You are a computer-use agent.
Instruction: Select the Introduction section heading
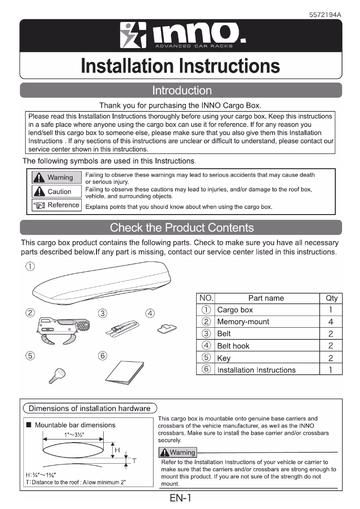click(x=181, y=91)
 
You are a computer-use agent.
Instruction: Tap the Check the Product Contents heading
click(x=181, y=228)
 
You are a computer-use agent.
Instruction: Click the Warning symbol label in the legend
click(x=56, y=178)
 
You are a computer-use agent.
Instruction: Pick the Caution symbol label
click(x=56, y=192)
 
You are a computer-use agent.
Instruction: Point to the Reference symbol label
click(x=56, y=205)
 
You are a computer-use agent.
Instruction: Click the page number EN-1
click(x=180, y=499)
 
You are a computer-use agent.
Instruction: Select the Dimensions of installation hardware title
click(x=90, y=408)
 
